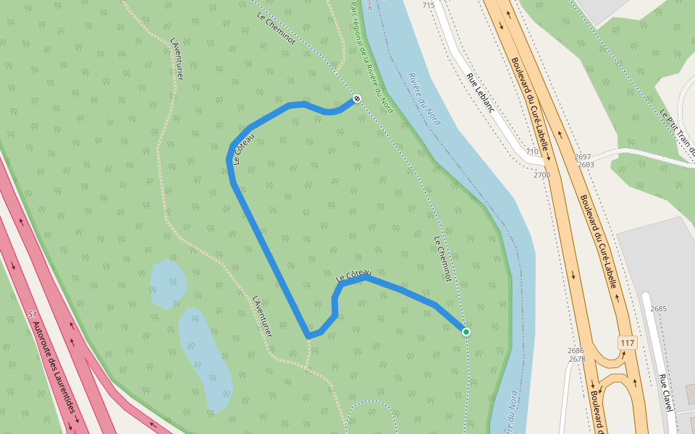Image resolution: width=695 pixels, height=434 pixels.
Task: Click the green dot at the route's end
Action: pos(466,332)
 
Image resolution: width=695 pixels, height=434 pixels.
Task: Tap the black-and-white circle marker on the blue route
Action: pos(356,98)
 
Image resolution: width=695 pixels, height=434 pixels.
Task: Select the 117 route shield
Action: pos(627,341)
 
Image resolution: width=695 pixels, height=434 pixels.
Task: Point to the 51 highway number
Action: pos(32,315)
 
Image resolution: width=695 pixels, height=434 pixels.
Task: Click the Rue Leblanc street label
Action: pos(480,93)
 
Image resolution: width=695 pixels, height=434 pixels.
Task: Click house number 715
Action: pos(429,6)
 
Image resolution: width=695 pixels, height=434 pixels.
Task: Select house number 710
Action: pos(532,151)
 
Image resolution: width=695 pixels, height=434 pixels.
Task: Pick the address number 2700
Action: pos(542,175)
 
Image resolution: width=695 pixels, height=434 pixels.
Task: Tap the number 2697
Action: pos(583,156)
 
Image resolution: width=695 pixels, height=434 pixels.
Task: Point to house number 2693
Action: pos(586,165)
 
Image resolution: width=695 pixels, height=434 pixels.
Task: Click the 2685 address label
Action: pos(658,309)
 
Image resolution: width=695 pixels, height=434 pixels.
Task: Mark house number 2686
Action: pos(576,350)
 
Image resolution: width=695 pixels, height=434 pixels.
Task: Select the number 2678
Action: pos(577,359)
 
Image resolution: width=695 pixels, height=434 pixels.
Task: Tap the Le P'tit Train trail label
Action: pos(678,133)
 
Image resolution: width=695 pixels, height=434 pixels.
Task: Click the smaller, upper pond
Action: pos(167,283)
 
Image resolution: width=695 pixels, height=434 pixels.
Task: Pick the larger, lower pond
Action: pos(206,359)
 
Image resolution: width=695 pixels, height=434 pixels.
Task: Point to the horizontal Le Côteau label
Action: pos(353,276)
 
